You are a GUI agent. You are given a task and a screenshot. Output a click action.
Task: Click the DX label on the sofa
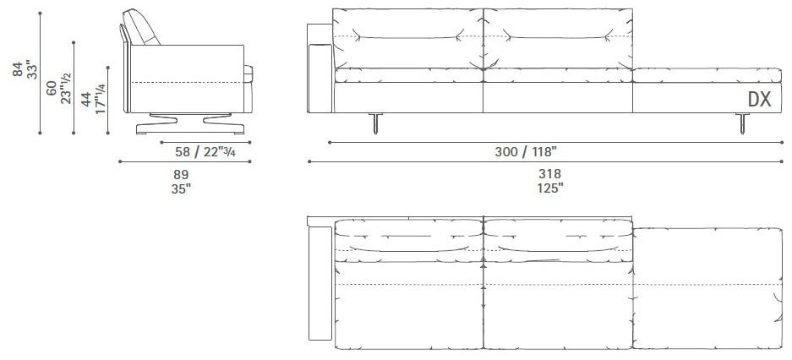[x=759, y=99]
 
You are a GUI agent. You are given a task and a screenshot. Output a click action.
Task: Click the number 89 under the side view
[x=180, y=174]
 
